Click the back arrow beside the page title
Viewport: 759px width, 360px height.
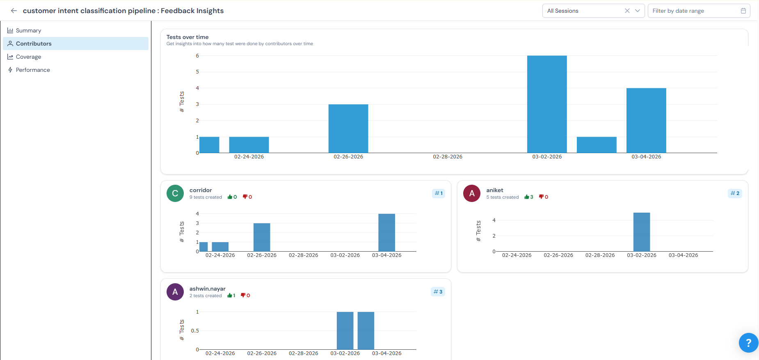14,11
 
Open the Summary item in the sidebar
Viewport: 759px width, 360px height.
28,30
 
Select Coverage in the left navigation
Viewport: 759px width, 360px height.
28,57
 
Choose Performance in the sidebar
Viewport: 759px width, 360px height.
33,70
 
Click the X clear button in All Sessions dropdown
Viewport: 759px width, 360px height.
627,11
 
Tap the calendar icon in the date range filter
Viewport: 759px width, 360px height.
743,11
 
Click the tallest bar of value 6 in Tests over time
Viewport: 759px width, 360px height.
547,104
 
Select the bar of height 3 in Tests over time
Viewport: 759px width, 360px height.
348,128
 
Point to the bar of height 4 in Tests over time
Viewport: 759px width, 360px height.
646,120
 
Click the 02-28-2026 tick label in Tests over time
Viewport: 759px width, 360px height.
448,157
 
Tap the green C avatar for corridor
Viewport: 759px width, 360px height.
175,193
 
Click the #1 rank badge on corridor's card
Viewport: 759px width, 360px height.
439,193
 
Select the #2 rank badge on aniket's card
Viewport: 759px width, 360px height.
735,193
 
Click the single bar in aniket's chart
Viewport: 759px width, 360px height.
642,232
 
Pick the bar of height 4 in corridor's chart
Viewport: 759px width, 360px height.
386,232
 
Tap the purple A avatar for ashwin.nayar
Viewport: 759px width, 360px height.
175,292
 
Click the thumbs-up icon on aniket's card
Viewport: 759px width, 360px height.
527,197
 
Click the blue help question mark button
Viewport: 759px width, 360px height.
748,343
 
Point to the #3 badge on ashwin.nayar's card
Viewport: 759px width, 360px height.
438,292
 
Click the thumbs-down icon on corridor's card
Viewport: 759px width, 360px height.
245,197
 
